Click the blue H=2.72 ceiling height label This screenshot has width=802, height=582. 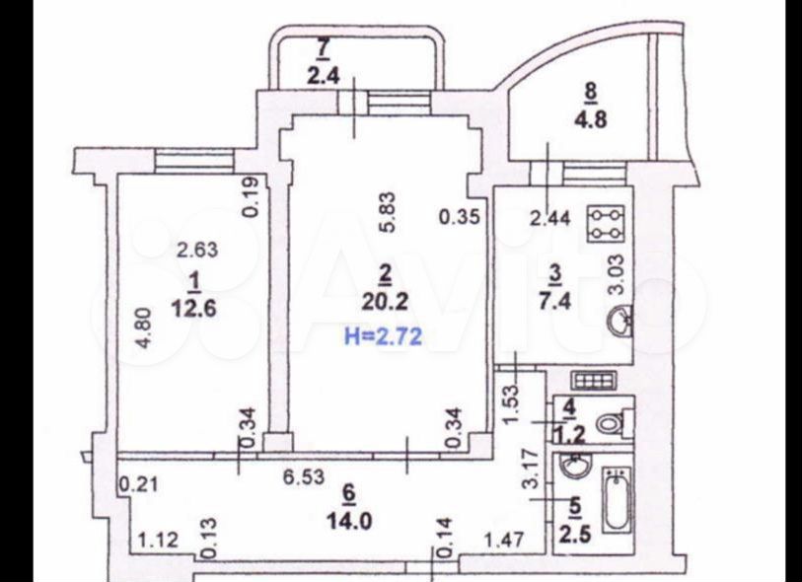384,336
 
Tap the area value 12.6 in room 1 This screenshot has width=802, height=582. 194,309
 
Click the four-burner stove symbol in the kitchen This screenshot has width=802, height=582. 607,224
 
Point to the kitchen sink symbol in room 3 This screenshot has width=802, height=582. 620,320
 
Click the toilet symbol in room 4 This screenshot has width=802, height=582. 612,422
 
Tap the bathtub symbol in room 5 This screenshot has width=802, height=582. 618,499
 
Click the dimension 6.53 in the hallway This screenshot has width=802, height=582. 304,477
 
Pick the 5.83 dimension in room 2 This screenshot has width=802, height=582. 389,212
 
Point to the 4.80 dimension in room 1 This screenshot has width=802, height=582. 145,327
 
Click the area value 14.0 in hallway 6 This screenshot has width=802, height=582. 349,521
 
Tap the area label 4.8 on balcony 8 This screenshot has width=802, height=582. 592,119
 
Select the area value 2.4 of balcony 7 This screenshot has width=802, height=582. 324,76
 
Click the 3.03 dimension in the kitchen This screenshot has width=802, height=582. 618,274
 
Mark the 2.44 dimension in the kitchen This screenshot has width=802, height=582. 549,218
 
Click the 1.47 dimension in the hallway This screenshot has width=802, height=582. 503,540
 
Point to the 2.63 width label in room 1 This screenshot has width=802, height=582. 197,250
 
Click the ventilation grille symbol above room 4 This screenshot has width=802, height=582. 595,380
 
